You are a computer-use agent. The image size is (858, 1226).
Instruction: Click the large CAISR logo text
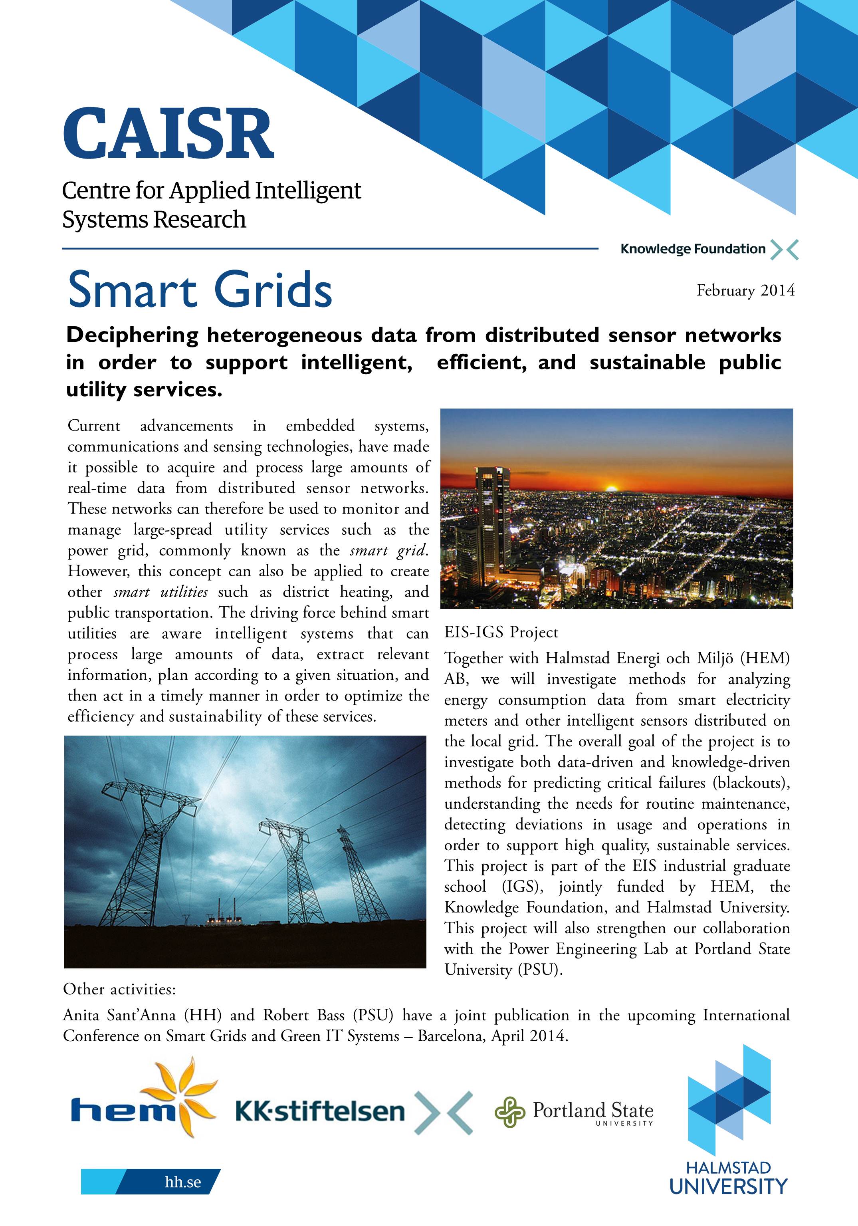tap(168, 133)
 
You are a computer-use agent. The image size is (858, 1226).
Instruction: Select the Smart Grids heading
tap(200, 290)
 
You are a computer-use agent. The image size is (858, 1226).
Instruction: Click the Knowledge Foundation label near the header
tap(692, 249)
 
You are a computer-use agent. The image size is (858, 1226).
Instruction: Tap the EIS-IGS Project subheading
tap(501, 632)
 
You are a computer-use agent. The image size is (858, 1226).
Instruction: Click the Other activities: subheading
tap(119, 990)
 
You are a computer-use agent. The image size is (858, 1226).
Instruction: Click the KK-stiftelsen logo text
tap(320, 1112)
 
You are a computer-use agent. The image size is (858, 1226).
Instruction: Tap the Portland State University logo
tap(574, 1112)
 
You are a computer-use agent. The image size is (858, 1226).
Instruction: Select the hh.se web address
tap(182, 1182)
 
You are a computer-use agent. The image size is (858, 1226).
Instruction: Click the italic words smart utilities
tap(160, 592)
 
